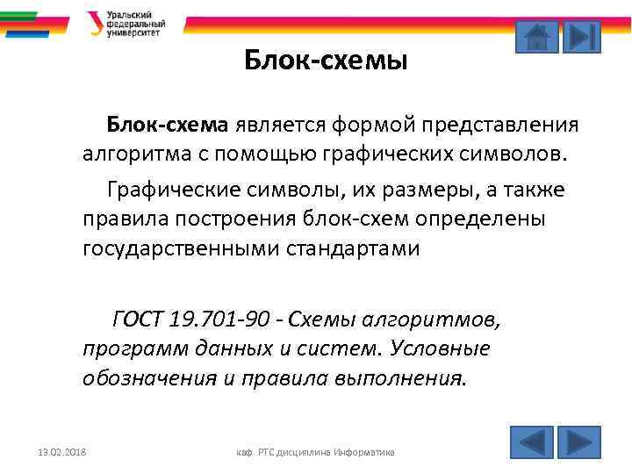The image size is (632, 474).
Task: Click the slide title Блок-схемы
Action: tap(326, 61)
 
